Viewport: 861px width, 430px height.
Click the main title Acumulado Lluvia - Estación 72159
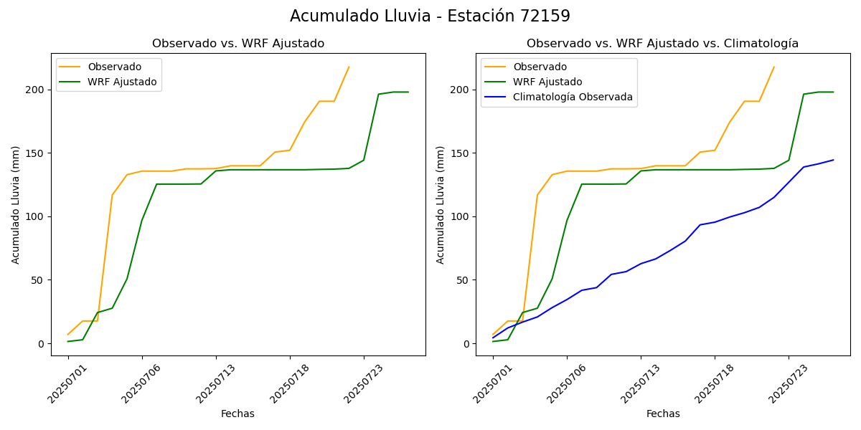pos(430,16)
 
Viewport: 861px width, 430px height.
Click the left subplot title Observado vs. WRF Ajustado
pos(237,44)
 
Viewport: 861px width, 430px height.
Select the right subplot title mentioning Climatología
pos(662,44)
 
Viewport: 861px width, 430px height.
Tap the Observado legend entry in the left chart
pos(115,67)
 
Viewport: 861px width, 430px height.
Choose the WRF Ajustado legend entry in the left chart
pos(122,82)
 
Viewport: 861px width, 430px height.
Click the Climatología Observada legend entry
pos(573,97)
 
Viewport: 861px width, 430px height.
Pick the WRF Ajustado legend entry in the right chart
pos(547,82)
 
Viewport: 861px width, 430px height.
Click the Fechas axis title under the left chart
pos(237,414)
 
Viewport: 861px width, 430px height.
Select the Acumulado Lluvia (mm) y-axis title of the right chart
pos(440,205)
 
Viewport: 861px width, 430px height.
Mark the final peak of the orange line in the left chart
pos(349,67)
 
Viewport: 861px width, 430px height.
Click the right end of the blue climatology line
pos(833,160)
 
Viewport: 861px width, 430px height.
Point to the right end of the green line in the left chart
pos(408,92)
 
